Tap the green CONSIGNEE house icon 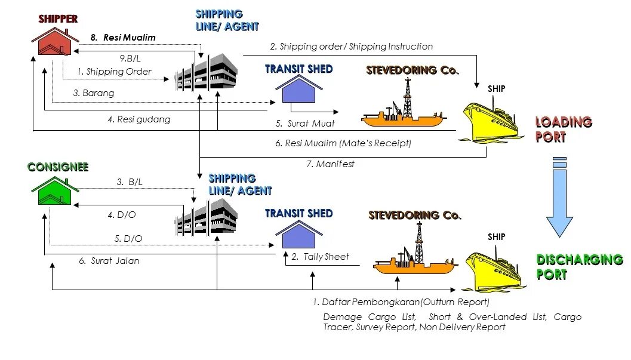[x=55, y=191]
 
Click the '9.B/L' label [x=130, y=58]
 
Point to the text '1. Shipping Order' [x=114, y=72]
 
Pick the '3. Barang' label [x=94, y=93]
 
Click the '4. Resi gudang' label [x=138, y=119]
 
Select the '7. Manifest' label [x=330, y=164]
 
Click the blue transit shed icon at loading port [x=298, y=91]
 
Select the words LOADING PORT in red [x=563, y=130]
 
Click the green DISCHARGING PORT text [x=579, y=267]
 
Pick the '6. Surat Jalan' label [x=109, y=261]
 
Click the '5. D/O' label [x=128, y=239]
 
